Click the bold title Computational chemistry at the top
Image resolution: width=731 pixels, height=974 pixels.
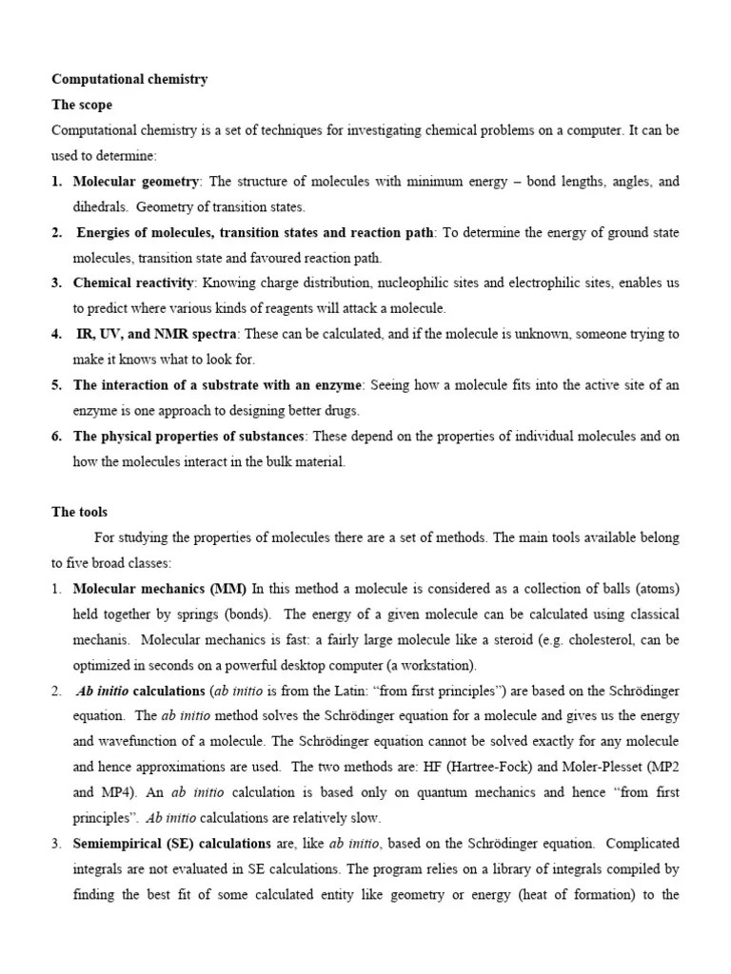(129, 80)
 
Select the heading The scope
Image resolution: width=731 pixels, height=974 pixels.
(82, 106)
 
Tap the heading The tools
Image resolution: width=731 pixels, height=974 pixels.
(80, 512)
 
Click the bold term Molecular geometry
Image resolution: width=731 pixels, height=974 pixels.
(136, 181)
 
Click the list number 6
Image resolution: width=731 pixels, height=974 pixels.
(56, 436)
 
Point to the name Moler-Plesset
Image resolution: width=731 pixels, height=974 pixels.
(620, 767)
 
